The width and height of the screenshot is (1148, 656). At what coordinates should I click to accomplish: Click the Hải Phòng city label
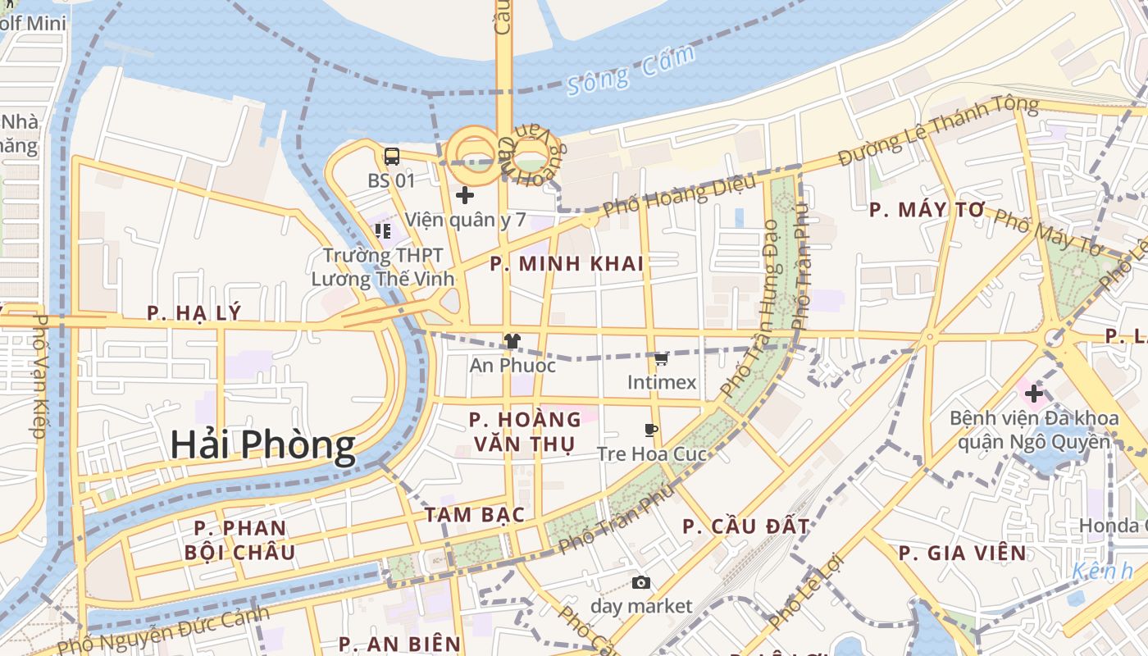click(262, 445)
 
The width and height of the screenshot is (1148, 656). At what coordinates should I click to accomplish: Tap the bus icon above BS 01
click(392, 156)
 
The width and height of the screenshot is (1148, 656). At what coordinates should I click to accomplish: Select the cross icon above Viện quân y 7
click(464, 195)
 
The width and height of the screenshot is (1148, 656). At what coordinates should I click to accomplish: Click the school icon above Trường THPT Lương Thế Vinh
click(382, 231)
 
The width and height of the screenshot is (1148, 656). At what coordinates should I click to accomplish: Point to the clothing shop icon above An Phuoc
click(512, 341)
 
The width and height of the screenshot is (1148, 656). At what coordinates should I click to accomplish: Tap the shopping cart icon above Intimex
click(661, 358)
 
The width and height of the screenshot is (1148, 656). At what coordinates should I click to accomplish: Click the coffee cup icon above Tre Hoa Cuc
click(651, 430)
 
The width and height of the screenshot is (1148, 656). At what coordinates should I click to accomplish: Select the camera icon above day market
click(641, 582)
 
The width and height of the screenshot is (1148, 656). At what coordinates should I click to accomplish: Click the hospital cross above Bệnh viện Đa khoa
click(1033, 394)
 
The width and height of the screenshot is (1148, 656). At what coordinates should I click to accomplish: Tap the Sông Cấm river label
click(631, 71)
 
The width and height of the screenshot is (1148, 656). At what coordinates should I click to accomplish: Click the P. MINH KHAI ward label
click(567, 264)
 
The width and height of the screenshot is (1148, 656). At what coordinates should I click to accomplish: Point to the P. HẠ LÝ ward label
click(194, 312)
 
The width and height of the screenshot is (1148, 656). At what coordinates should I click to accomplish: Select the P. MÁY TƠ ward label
click(927, 210)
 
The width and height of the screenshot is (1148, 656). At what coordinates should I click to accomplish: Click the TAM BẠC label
click(474, 515)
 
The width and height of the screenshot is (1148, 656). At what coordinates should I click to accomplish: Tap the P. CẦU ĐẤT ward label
click(746, 526)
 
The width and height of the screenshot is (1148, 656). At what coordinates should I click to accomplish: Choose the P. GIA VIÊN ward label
click(962, 553)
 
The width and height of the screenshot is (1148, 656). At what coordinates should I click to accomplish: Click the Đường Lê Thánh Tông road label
click(938, 131)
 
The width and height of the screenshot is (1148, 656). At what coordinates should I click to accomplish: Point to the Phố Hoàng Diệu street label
click(679, 198)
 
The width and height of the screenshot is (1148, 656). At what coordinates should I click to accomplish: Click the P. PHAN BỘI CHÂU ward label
click(240, 540)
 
